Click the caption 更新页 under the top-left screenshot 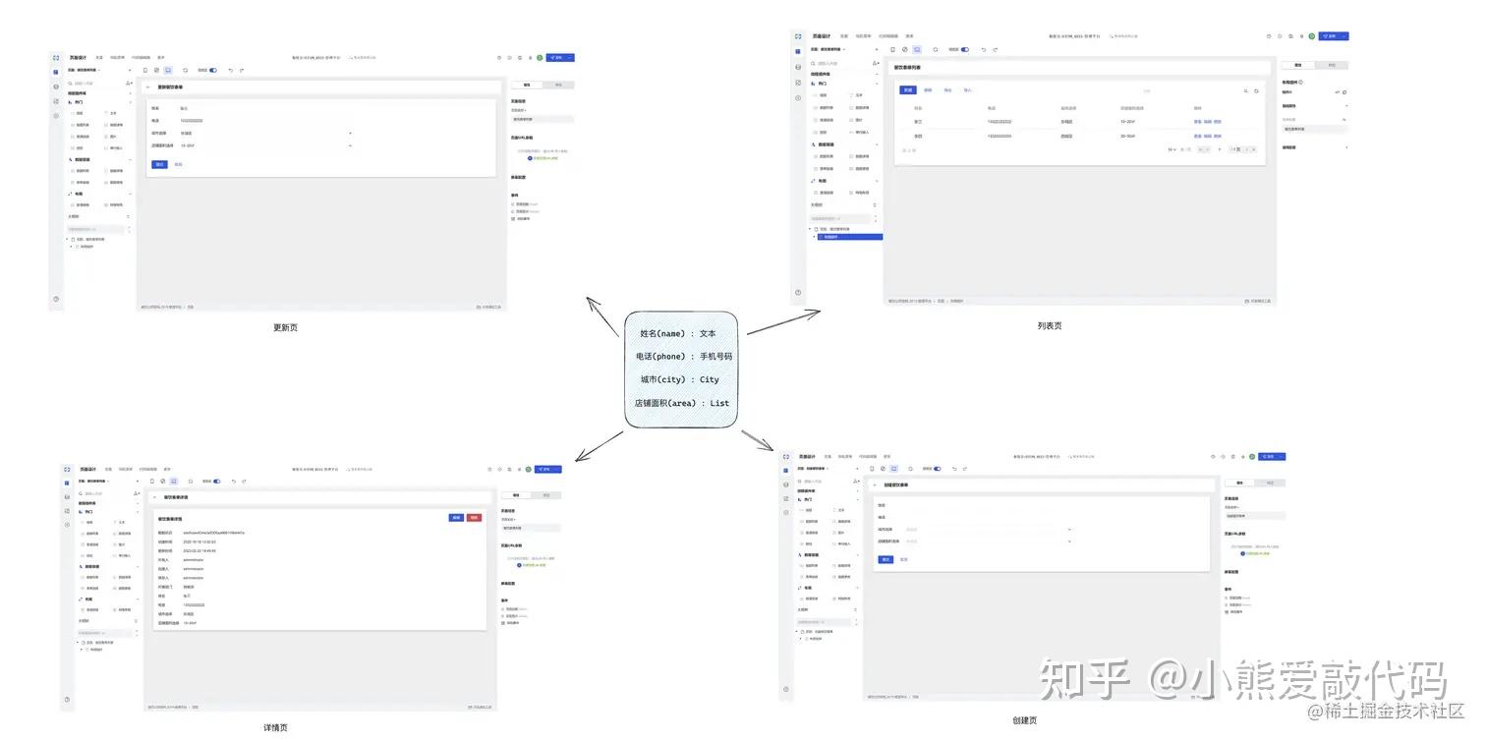pyautogui.click(x=285, y=327)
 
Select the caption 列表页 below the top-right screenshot pyautogui.click(x=1050, y=325)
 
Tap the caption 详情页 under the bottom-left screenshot pyautogui.click(x=276, y=727)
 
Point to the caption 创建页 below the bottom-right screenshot pyautogui.click(x=1025, y=720)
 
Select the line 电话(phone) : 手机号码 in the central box pyautogui.click(x=684, y=357)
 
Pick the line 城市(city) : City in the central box pyautogui.click(x=679, y=379)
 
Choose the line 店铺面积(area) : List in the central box pyautogui.click(x=681, y=403)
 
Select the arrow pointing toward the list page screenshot pyautogui.click(x=782, y=321)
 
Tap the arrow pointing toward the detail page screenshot pyautogui.click(x=598, y=446)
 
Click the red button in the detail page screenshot pyautogui.click(x=475, y=517)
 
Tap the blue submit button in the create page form pyautogui.click(x=886, y=559)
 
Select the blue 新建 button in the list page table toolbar pyautogui.click(x=908, y=90)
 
